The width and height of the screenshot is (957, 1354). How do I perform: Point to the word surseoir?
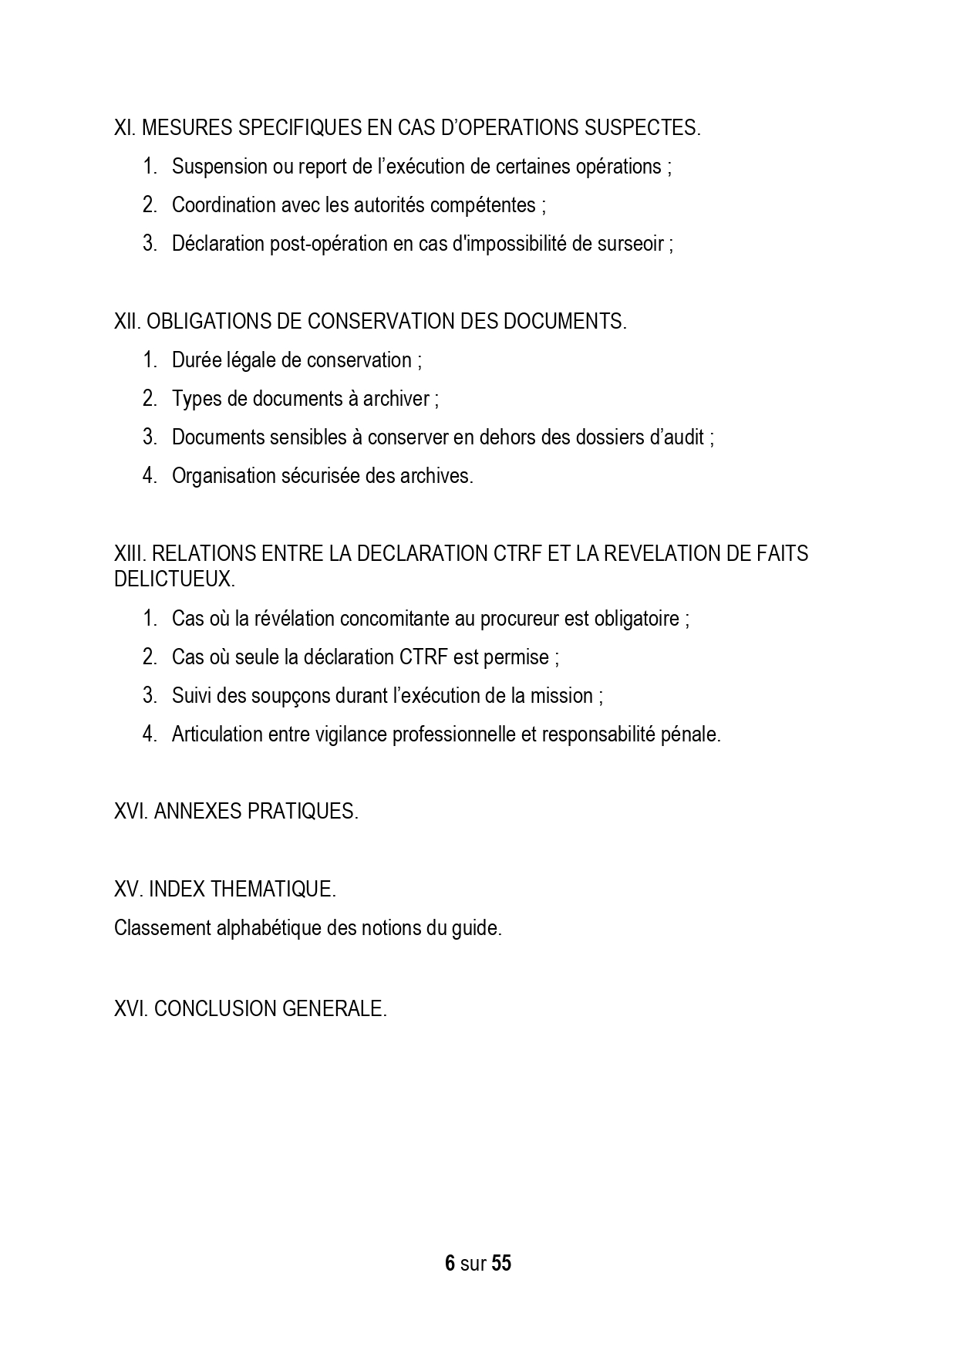point(629,244)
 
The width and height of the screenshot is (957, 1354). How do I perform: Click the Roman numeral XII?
point(126,322)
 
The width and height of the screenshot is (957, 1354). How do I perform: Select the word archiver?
point(399,399)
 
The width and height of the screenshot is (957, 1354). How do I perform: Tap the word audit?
point(685,437)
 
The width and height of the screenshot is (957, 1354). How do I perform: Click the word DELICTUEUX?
point(174,579)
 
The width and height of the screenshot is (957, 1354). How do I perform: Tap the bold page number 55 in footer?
point(501,1264)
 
